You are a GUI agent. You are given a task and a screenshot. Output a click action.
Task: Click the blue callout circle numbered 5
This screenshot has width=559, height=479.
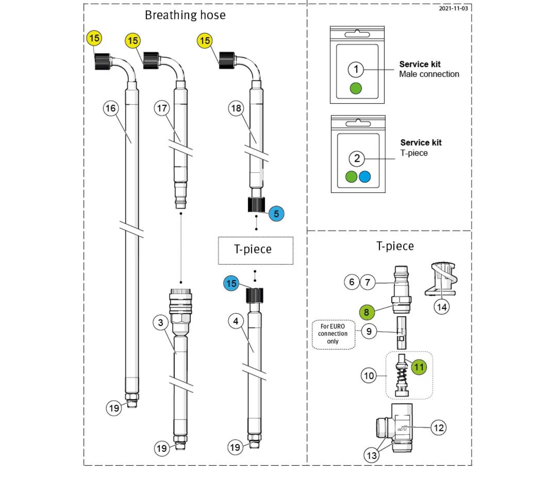(276, 214)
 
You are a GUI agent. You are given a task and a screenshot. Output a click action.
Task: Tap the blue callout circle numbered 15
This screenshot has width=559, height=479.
(231, 283)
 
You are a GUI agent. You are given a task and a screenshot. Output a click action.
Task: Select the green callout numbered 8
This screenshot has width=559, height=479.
(366, 312)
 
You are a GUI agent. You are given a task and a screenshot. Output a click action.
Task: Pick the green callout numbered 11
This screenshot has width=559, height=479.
(419, 367)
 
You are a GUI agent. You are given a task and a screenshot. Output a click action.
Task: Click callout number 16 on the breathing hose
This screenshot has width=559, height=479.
(111, 108)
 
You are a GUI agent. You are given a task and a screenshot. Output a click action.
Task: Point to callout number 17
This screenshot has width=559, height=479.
(162, 108)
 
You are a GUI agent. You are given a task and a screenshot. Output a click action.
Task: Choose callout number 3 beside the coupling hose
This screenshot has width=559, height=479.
(161, 323)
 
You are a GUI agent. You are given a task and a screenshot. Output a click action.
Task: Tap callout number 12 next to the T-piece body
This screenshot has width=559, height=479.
(439, 428)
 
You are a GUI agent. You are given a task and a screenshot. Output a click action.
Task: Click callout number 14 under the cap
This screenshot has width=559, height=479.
(442, 307)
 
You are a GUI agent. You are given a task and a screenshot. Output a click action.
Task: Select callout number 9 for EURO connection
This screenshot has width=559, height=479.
(369, 331)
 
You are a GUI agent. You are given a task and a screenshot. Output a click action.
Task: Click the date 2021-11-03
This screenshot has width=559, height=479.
(453, 8)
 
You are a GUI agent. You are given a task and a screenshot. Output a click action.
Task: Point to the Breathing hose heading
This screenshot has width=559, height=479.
(185, 15)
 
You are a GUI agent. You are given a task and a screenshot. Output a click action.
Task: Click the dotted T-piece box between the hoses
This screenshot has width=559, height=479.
(255, 250)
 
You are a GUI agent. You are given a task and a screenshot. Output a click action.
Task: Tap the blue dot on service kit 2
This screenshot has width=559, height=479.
(365, 177)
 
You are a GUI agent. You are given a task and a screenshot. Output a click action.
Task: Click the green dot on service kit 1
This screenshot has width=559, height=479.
(356, 88)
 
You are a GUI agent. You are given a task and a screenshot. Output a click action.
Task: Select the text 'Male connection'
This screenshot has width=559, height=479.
(429, 74)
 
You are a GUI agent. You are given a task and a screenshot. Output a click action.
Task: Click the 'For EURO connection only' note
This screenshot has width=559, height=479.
(333, 334)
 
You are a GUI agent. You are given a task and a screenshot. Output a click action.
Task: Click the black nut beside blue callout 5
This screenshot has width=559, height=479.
(256, 205)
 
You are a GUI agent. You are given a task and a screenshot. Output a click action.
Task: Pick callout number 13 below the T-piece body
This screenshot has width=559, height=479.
(372, 455)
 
